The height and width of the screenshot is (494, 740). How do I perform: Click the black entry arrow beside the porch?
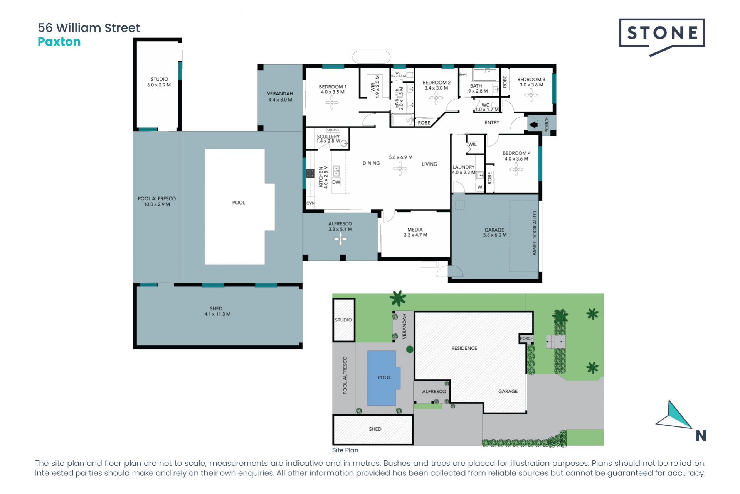[534, 125]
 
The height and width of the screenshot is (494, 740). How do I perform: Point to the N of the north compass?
[701, 436]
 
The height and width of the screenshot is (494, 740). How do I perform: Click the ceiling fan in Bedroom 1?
[332, 103]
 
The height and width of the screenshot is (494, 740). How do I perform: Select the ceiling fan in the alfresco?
[341, 239]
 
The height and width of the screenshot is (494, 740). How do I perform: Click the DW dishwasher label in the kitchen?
[336, 182]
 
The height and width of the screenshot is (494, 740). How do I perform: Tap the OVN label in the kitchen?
[310, 203]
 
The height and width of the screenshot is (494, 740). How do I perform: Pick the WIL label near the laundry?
[473, 144]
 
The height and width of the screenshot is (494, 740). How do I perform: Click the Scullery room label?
[328, 137]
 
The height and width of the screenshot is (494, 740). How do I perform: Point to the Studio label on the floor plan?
[159, 79]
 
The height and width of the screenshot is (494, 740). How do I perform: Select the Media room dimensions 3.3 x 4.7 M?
[415, 235]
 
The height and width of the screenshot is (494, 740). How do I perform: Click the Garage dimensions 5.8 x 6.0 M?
[495, 235]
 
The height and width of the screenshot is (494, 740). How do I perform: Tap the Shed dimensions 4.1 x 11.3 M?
[217, 314]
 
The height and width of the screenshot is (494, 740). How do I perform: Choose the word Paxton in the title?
[59, 42]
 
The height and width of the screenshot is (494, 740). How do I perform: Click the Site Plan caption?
[345, 450]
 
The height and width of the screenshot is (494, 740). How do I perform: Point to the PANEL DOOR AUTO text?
[535, 233]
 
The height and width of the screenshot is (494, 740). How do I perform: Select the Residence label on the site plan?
[464, 348]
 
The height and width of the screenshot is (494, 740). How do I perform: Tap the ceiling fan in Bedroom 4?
[516, 169]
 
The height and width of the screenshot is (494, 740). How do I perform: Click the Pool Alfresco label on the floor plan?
[157, 198]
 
